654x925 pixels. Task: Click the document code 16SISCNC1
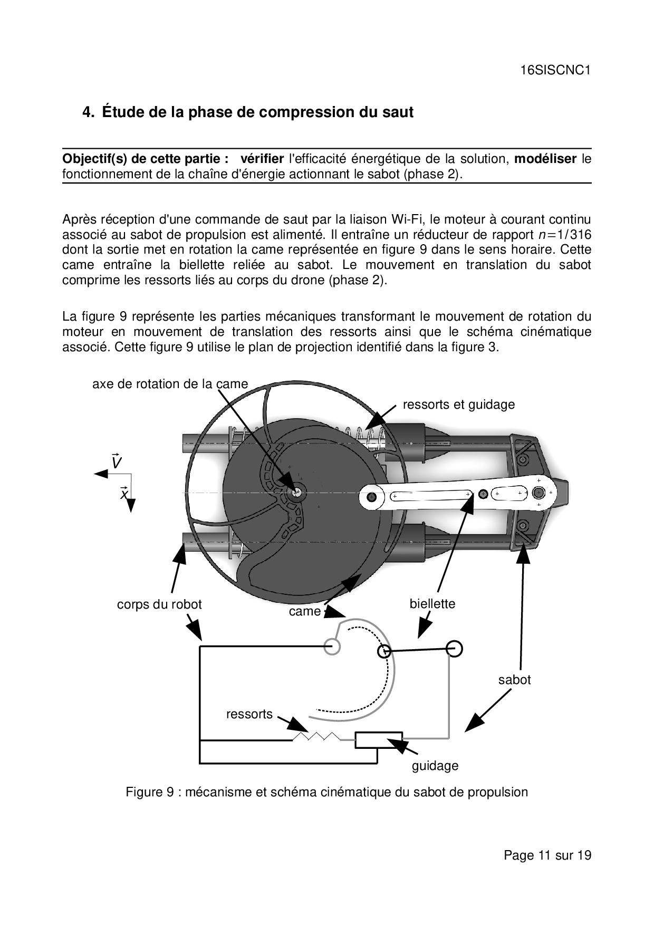tap(555, 70)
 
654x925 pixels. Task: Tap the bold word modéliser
tap(545, 159)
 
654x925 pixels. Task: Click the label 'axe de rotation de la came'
tap(170, 384)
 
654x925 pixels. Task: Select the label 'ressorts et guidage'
tap(458, 404)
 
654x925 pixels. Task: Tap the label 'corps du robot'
tap(159, 604)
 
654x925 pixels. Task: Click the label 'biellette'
tap(432, 604)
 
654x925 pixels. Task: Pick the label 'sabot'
tap(514, 680)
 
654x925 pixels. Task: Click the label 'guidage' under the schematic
tap(435, 766)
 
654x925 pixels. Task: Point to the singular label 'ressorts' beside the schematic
tap(249, 714)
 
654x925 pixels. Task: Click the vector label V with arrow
tap(117, 462)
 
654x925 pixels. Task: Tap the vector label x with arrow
tap(124, 494)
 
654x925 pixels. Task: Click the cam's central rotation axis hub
tap(297, 492)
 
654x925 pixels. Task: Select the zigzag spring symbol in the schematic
tap(316, 736)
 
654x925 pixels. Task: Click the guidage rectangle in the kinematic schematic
tap(378, 740)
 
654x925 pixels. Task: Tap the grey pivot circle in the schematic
tap(332, 647)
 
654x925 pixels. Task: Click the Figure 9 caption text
tap(326, 792)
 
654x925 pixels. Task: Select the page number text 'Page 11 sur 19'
tap(547, 855)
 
